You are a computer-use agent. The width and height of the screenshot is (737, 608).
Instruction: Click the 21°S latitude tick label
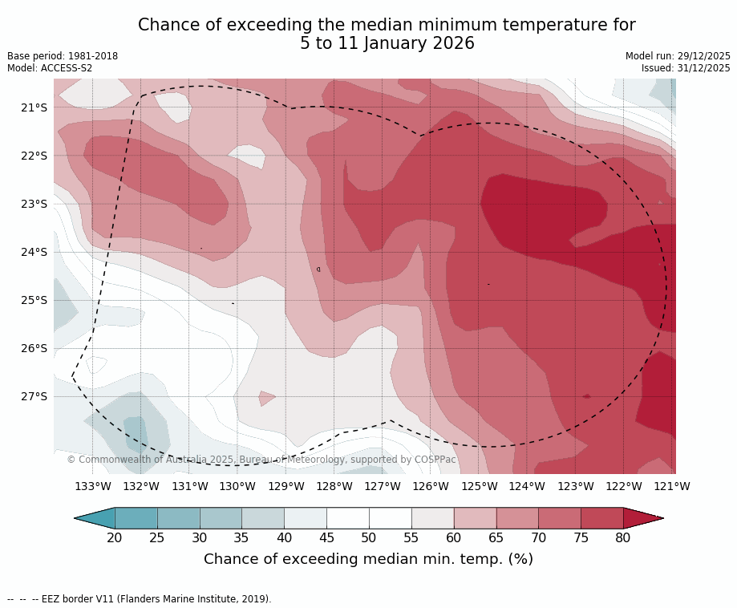34,107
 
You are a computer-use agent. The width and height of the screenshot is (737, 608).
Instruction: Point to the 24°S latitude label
34,252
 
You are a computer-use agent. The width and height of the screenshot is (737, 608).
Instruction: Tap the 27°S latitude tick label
34,396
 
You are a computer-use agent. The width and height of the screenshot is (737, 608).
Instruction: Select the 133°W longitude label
93,486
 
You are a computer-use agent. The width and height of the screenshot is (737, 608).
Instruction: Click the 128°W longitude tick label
334,486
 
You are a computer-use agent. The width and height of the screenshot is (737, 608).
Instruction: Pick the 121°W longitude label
672,486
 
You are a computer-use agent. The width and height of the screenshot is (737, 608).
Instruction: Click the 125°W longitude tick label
479,486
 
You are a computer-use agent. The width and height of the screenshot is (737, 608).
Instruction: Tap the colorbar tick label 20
115,537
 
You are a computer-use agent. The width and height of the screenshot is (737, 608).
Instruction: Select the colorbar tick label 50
369,537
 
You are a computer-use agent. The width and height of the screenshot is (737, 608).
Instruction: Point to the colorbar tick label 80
623,537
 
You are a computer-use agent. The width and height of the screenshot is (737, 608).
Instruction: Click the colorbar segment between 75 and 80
602,518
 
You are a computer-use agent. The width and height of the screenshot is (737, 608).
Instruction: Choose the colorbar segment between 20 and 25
136,518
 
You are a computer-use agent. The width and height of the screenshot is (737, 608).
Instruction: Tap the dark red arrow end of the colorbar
642,518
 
